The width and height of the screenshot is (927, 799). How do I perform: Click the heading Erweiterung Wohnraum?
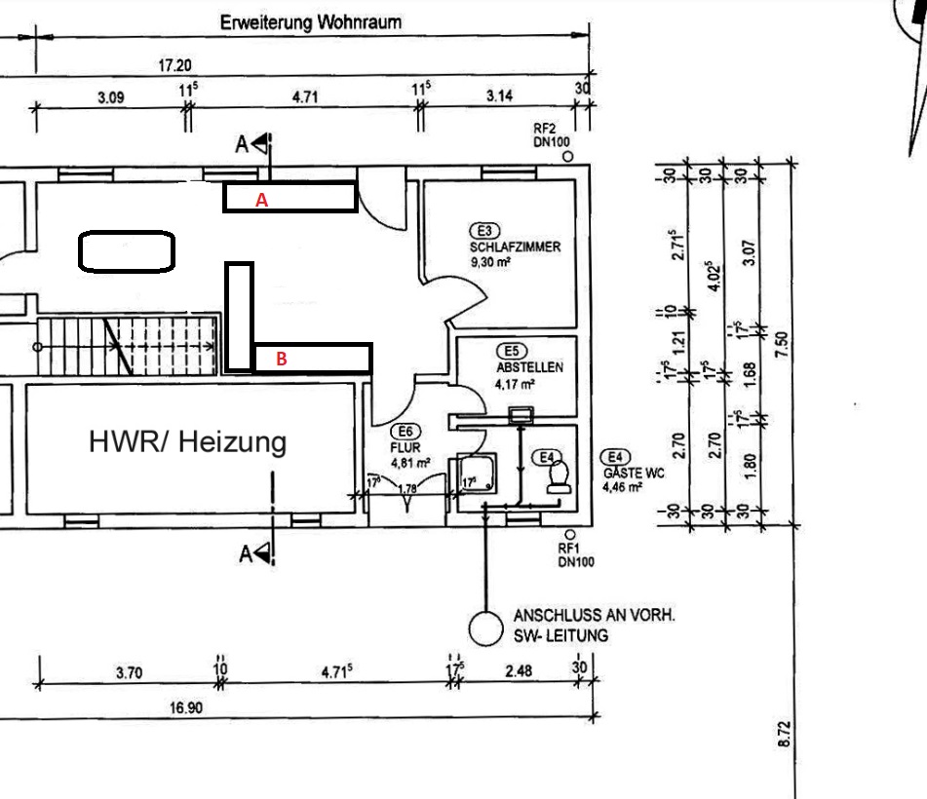click(x=310, y=23)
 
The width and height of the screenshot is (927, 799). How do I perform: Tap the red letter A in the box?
click(x=261, y=200)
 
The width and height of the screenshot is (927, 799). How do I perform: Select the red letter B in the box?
click(x=282, y=359)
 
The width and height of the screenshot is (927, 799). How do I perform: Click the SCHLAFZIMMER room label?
click(x=515, y=247)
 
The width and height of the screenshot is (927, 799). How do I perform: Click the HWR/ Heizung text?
click(x=188, y=442)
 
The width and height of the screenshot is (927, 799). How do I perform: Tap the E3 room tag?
click(x=483, y=231)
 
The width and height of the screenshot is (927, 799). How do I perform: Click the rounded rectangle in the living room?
click(x=127, y=251)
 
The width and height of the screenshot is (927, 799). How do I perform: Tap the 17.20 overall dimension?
click(x=175, y=65)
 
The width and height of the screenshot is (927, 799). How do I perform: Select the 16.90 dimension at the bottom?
click(x=186, y=707)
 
